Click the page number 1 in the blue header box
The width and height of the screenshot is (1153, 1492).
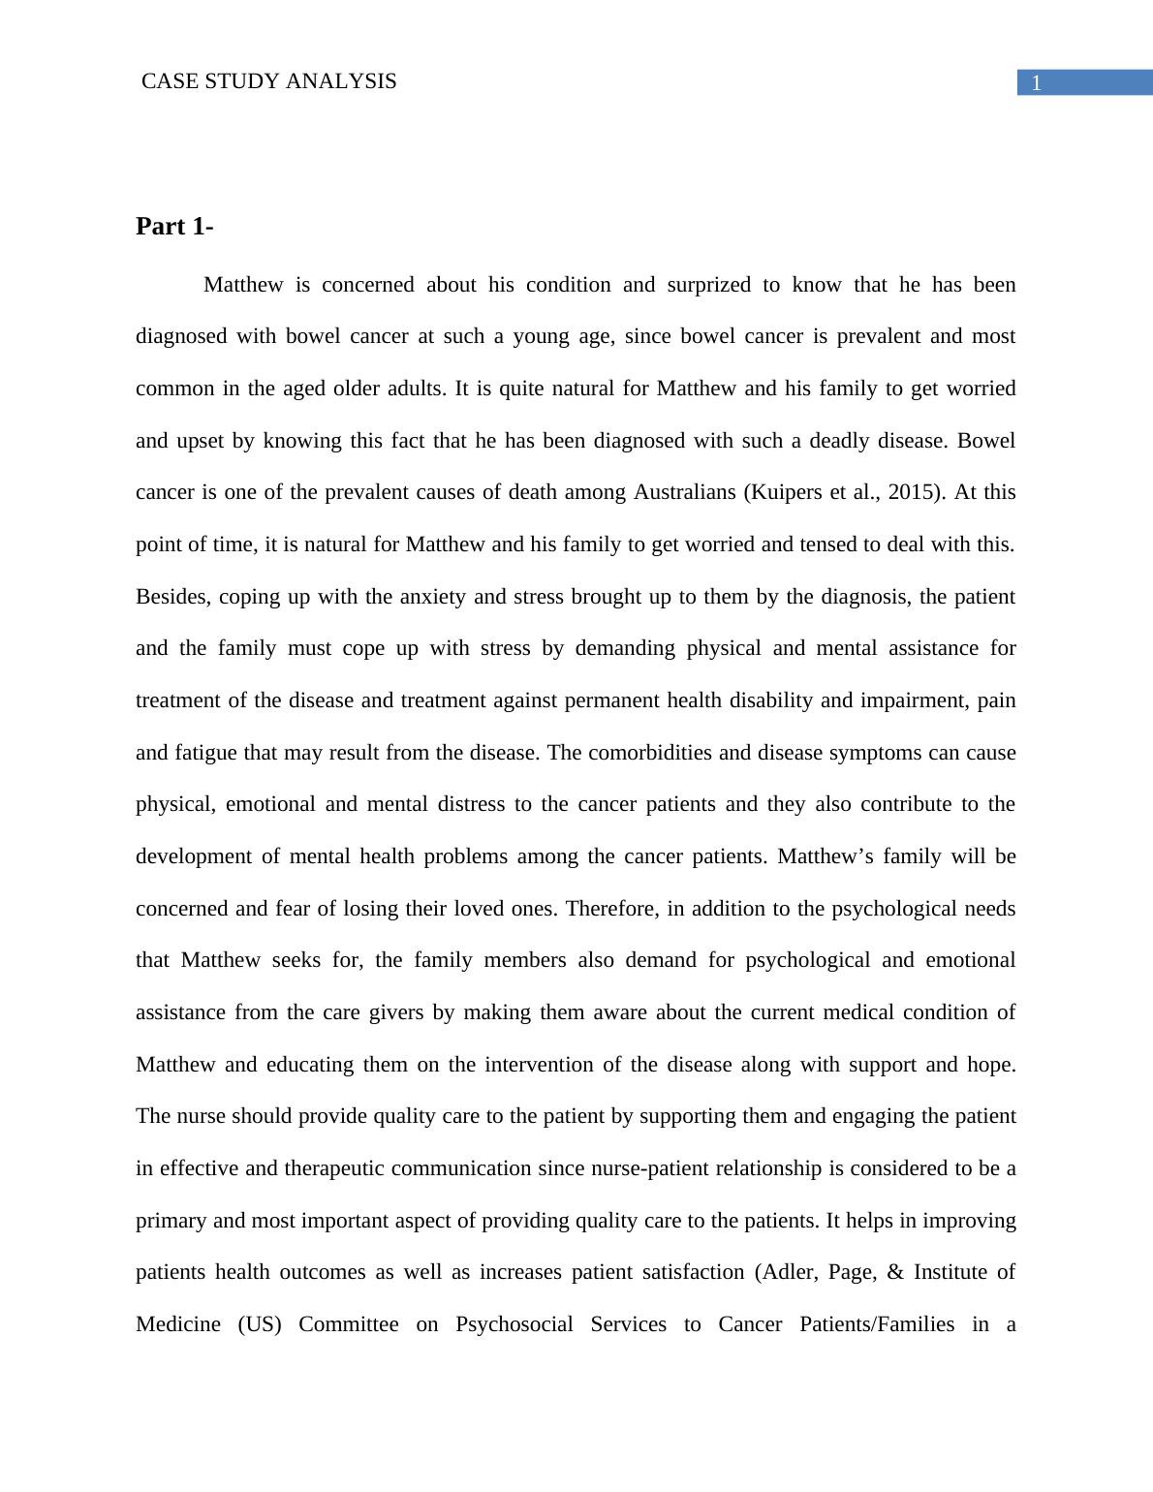point(1036,83)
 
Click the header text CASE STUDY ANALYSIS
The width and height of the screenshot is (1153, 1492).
point(268,81)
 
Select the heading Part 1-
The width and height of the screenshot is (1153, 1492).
point(174,227)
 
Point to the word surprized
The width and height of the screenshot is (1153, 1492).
point(708,285)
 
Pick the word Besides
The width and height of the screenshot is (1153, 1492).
point(173,597)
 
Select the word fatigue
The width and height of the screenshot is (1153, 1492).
point(205,753)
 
